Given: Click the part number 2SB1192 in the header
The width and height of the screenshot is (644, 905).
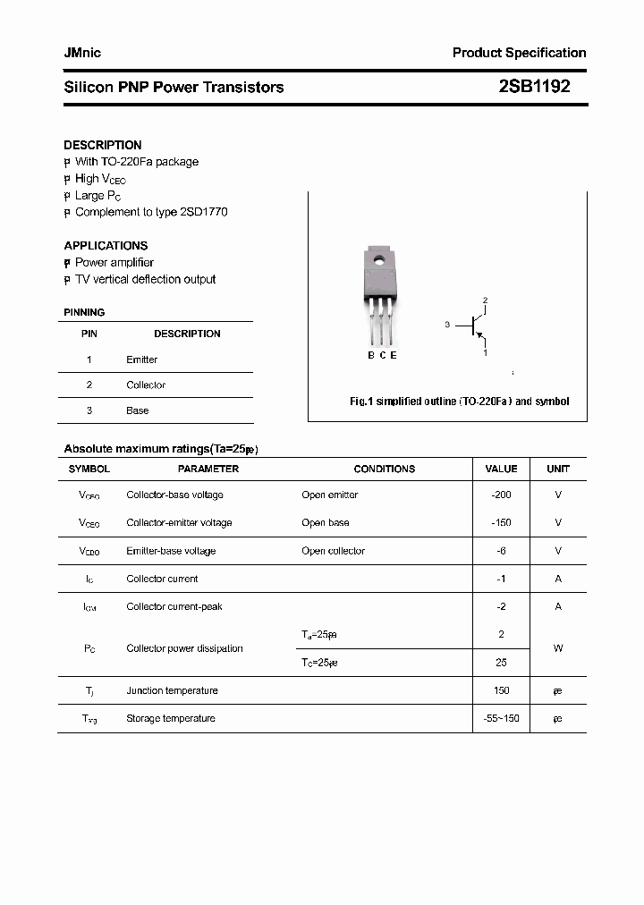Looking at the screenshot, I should (534, 87).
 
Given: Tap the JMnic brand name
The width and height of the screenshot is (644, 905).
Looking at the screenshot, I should (82, 53).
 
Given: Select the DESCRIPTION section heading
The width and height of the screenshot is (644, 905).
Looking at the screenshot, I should (103, 145).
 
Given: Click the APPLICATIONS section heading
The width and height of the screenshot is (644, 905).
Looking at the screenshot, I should (106, 245).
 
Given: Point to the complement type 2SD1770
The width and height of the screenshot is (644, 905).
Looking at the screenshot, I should (204, 212).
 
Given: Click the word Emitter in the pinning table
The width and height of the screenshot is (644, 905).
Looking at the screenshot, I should (141, 359).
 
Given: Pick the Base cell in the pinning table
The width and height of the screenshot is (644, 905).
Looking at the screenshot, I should (137, 410).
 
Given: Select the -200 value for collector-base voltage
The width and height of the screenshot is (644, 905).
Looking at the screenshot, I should (501, 495).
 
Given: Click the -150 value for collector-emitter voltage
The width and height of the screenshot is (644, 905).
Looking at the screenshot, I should (501, 522).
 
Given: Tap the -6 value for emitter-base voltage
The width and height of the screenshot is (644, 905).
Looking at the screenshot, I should (501, 551).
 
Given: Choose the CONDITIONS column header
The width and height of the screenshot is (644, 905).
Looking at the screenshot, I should (385, 469).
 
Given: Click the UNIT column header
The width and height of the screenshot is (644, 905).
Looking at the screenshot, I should (558, 469).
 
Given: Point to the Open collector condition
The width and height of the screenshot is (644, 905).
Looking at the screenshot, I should (333, 551).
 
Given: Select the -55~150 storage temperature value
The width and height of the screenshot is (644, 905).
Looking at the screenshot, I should (501, 718).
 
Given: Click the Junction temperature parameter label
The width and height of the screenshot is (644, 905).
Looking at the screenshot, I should (172, 690).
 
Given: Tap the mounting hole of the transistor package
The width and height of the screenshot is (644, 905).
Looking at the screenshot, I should (378, 262).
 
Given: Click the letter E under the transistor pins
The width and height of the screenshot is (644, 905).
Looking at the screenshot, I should (394, 355).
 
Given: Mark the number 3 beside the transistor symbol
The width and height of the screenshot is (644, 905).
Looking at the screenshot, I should (446, 325).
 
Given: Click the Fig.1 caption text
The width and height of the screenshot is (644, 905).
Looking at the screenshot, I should (459, 402).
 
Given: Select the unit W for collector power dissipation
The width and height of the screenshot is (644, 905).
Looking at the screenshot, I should (558, 648).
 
